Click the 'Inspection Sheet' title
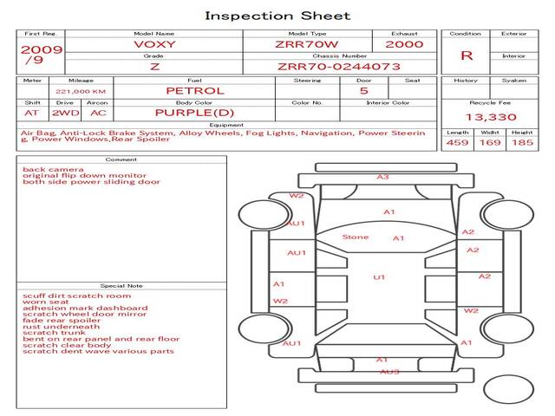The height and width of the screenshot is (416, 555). coord(277,16)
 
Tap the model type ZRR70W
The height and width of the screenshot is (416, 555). coord(307,44)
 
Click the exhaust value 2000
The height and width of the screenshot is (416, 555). coord(405,44)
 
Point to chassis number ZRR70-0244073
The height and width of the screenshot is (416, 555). coord(339,66)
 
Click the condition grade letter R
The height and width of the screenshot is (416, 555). coord(467,55)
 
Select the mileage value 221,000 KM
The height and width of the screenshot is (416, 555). coord(81,91)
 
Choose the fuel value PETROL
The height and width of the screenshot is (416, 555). coord(195,90)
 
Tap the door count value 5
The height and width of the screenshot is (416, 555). coord(363,90)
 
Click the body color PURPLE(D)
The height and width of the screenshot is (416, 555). coord(194,113)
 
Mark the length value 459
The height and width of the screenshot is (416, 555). coord(457,142)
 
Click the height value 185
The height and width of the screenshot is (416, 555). coord(522,142)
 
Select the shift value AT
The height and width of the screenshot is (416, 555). coord(32,113)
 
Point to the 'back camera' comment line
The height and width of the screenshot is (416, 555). coord(53,170)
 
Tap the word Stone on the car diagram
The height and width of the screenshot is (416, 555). coord(356,237)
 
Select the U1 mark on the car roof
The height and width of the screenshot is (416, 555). coord(379,277)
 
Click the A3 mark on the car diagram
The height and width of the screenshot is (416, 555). coord(382,177)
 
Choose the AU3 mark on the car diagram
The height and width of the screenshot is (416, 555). coord(389,372)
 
